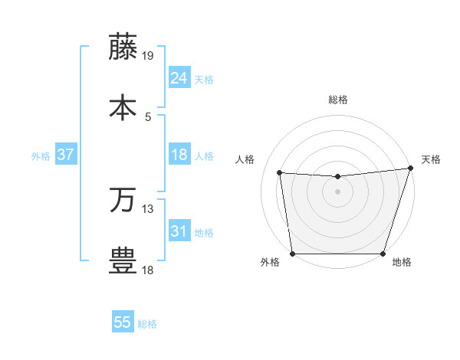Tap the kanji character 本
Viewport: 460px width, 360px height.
click(x=123, y=107)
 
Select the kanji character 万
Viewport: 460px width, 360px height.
click(x=123, y=200)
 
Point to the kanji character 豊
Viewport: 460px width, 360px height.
click(x=123, y=260)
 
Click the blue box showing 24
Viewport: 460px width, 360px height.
click(x=179, y=78)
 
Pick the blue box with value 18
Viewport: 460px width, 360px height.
click(x=179, y=155)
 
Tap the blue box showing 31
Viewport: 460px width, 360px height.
click(x=179, y=231)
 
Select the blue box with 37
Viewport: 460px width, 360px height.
click(x=65, y=155)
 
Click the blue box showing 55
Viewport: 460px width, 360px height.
click(x=123, y=322)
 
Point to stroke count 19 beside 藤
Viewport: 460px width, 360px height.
click(x=148, y=55)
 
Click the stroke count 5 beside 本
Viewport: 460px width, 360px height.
click(x=148, y=116)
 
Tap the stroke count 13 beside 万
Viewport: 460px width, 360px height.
click(x=148, y=208)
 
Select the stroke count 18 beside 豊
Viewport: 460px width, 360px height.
click(x=148, y=270)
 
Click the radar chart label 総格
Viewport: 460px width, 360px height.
click(x=337, y=100)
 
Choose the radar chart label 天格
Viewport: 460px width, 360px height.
click(x=431, y=159)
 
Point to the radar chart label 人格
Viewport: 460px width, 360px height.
click(x=246, y=159)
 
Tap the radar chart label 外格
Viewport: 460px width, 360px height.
click(x=270, y=263)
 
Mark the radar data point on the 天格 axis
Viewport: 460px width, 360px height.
click(x=409, y=169)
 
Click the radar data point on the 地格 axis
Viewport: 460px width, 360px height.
click(x=383, y=254)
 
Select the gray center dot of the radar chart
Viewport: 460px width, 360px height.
click(x=337, y=191)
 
